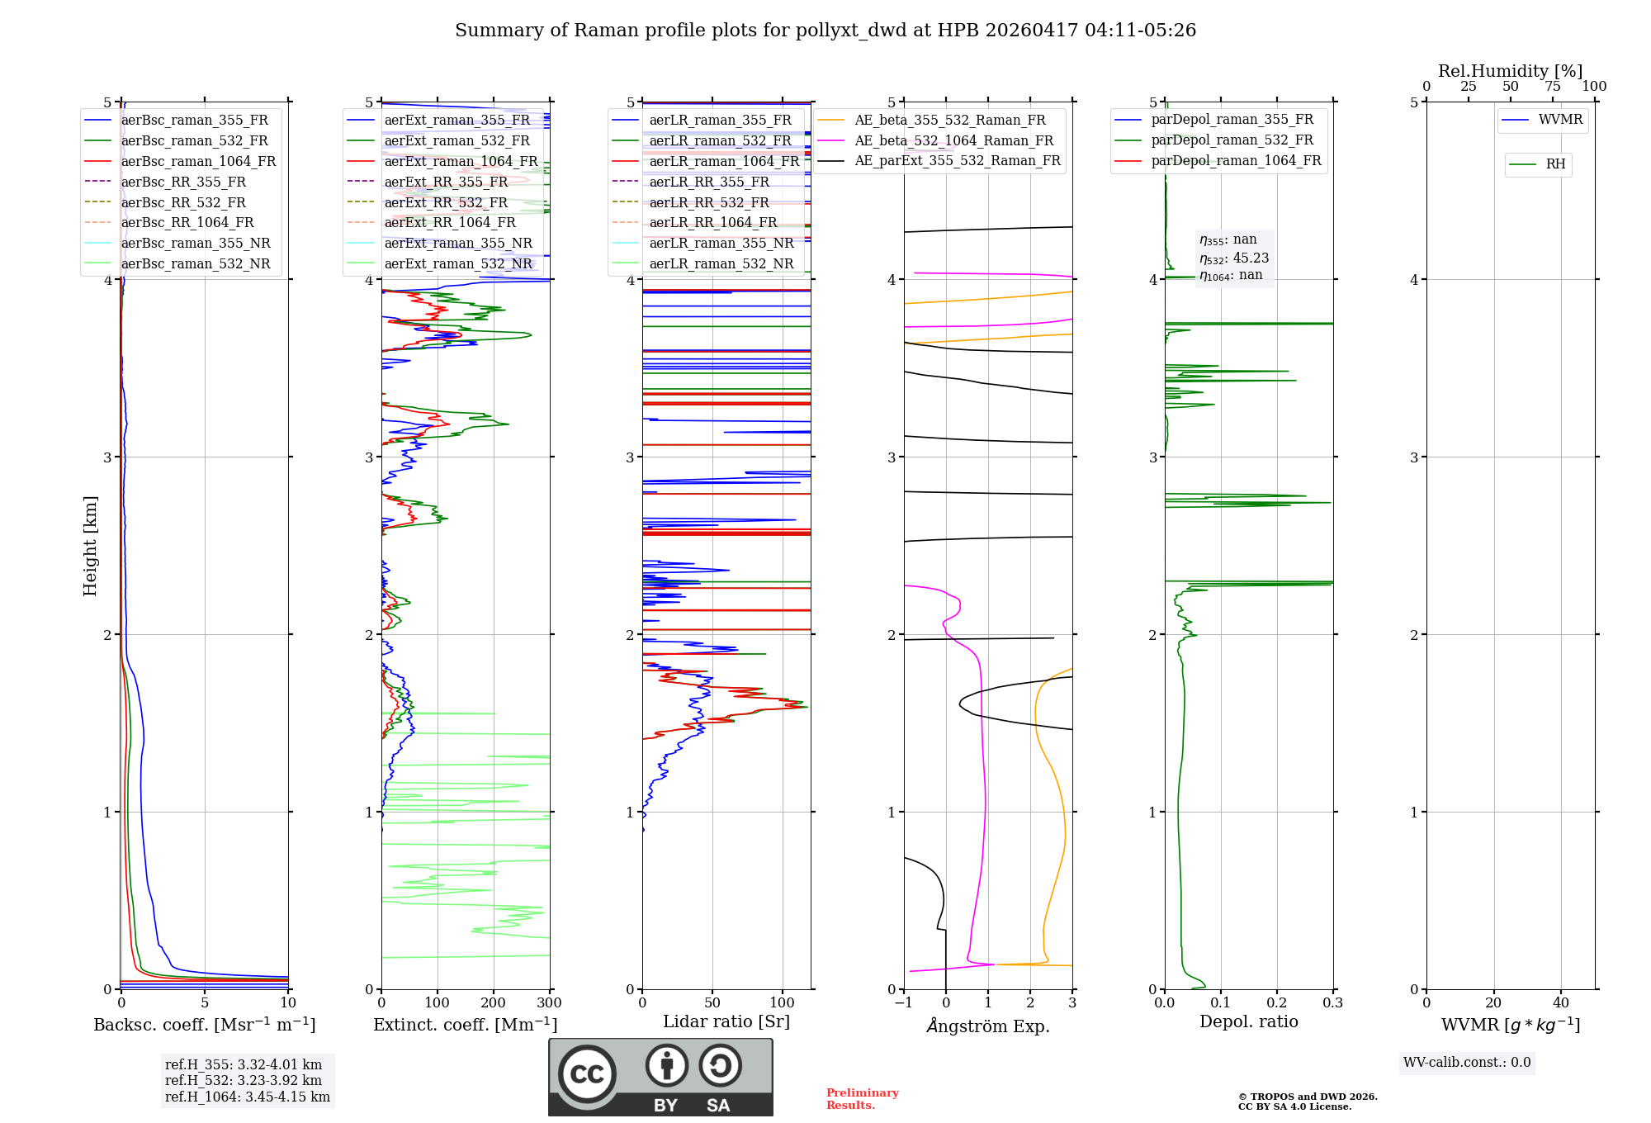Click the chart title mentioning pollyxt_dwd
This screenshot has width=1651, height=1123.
pos(825,31)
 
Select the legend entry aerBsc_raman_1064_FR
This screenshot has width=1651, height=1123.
pos(198,161)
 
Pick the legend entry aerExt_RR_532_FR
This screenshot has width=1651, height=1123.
pos(446,202)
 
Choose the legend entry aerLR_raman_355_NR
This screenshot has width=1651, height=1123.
pos(721,243)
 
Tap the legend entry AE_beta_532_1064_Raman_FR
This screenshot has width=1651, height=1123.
pos(953,140)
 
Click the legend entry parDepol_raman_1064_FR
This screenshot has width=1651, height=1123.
pos(1236,160)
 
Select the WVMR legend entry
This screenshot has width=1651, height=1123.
pos(1560,120)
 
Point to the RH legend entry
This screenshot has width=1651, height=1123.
pos(1555,164)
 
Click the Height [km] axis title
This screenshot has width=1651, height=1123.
pos(90,545)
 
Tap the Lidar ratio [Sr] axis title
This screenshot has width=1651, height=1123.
pos(726,1021)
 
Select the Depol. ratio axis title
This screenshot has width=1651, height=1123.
pos(1248,1021)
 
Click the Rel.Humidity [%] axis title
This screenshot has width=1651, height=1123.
pos(1510,71)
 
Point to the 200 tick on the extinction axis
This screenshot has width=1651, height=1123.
pos(493,1003)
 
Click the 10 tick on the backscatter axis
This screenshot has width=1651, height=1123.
pos(287,1003)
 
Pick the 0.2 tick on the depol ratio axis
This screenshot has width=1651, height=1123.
pos(1276,1003)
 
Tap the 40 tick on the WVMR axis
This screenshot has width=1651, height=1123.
pos(1560,1003)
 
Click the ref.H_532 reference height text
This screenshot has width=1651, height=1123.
pos(243,1080)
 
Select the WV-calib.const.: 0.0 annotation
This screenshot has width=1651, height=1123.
pos(1467,1063)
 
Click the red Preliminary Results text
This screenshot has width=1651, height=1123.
pos(862,1099)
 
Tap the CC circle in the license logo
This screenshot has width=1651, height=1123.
pos(587,1073)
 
